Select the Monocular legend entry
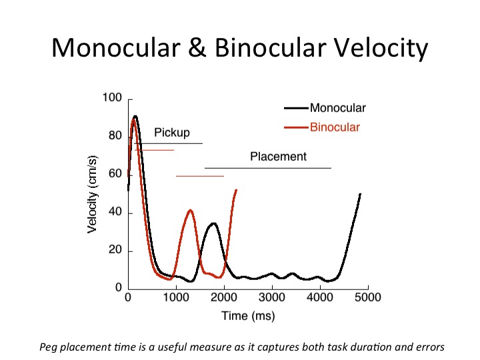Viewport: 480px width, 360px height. (x=337, y=108)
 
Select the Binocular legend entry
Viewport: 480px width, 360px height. (x=335, y=127)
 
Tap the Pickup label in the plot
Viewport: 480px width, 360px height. (x=172, y=133)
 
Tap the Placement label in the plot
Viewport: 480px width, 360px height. (x=278, y=157)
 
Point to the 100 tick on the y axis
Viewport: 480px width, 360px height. (x=112, y=99)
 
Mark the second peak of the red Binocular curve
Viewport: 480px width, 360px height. (x=191, y=211)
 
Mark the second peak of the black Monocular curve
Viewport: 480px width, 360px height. (x=213, y=223)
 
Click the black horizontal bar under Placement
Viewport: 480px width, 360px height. (x=267, y=168)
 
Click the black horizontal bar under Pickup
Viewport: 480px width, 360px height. (x=169, y=143)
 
